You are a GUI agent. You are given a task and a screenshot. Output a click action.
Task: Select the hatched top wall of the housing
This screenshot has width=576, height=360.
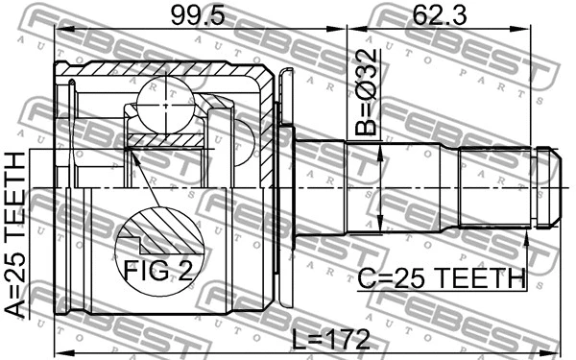163,70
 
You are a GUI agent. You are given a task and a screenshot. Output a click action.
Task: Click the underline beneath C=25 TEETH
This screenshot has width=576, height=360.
443,290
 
